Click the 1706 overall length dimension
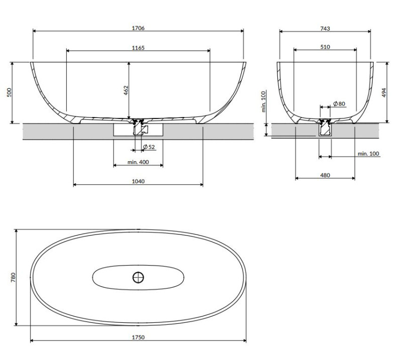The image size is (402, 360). coord(138,29)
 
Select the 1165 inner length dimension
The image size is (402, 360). coord(138,48)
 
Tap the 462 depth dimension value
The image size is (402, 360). coord(126,90)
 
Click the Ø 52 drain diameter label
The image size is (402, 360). coord(148,147)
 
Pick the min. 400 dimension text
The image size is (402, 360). coord(138,162)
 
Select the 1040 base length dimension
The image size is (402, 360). coord(138,181)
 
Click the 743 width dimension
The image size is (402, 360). coord(325,29)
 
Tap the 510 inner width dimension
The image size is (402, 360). coord(325,47)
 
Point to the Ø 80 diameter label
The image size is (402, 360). coord(339,104)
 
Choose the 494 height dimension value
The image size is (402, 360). coord(384,92)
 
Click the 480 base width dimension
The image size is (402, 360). coord(325,175)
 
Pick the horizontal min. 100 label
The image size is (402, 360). coord(368,154)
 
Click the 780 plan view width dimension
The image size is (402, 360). coord(13,277)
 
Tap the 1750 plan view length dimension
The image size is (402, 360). coord(138,337)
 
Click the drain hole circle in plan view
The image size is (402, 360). coord(138,277)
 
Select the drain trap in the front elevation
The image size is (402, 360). coord(138,129)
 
